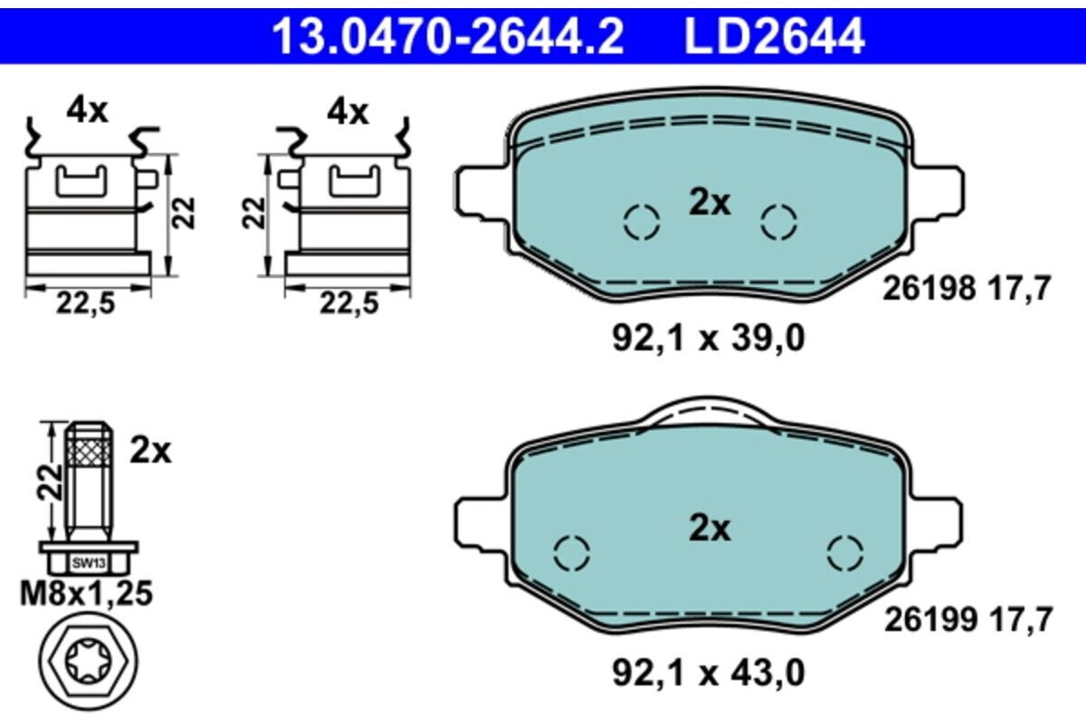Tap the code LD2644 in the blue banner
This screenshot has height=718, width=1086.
pos(775,36)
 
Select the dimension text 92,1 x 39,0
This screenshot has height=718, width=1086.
pos(709,338)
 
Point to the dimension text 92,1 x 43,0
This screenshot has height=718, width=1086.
pos(709,673)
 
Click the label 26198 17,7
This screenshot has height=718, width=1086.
pos(967,288)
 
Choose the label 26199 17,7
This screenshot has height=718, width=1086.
pos(968,620)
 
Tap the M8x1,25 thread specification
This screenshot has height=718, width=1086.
pos(86,593)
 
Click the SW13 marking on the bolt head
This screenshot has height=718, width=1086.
pos(89,564)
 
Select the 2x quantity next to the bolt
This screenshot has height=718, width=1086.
pos(151,451)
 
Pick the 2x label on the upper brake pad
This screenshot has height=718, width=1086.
pos(710,202)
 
